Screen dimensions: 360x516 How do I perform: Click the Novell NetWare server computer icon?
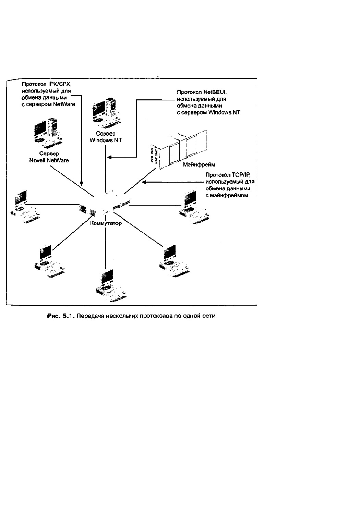click(x=48, y=133)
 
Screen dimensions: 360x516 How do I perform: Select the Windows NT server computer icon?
click(x=106, y=113)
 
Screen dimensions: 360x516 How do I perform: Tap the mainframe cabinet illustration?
click(x=178, y=149)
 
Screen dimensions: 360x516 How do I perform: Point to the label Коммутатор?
click(x=106, y=223)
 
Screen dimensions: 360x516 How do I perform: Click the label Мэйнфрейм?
click(x=199, y=164)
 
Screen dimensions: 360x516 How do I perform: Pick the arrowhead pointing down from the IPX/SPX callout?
click(x=81, y=184)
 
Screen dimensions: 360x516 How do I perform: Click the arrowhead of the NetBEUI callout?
click(x=109, y=157)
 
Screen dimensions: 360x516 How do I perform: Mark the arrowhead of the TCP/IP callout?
click(x=144, y=182)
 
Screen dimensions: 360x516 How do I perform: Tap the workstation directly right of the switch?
click(x=194, y=207)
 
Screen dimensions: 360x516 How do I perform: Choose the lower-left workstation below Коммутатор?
click(x=49, y=261)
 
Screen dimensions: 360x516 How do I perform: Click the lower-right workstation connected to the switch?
click(x=175, y=261)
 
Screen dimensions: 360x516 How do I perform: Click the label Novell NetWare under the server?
click(x=49, y=160)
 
